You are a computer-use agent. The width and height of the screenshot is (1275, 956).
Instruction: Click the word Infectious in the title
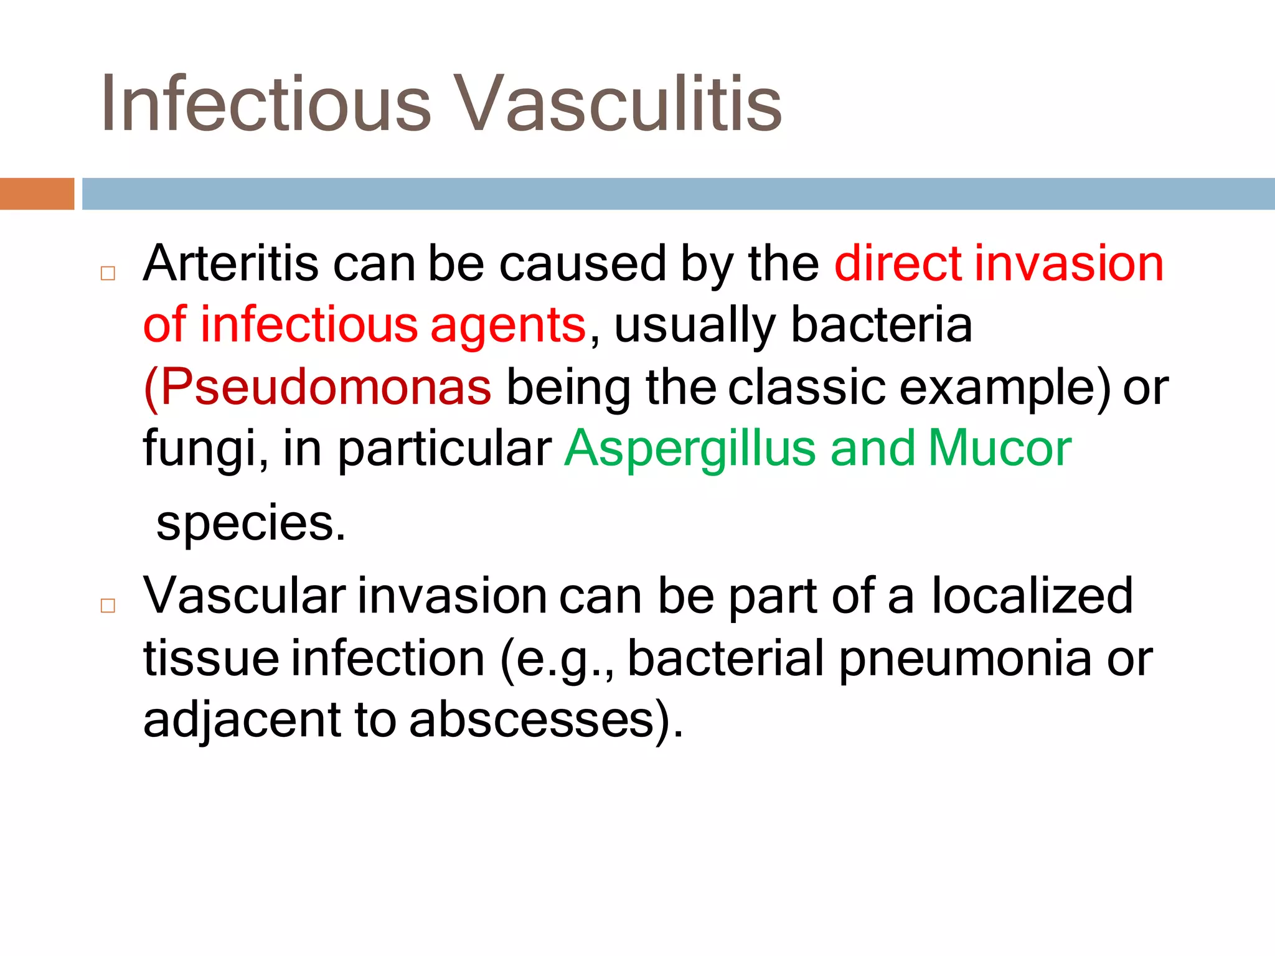[x=265, y=103]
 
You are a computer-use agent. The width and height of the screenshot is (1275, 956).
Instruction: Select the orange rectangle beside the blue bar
[x=37, y=194]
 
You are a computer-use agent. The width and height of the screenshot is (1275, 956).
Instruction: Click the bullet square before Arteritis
[x=108, y=274]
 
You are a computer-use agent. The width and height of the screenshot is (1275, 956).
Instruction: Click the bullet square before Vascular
[x=108, y=606]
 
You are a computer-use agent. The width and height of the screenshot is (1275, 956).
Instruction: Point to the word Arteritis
[x=231, y=264]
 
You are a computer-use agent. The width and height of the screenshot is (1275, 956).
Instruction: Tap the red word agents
[x=507, y=326]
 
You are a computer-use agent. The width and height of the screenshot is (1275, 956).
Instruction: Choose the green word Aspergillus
[x=690, y=448]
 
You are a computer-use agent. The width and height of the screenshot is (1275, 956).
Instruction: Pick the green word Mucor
[x=1000, y=448]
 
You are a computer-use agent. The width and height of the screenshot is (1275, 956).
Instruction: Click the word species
[x=250, y=523]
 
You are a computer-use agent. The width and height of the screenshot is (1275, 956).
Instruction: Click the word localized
[x=1032, y=596]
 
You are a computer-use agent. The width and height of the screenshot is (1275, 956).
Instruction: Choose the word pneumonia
[x=964, y=658]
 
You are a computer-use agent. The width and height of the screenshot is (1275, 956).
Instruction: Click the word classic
[x=806, y=387]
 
